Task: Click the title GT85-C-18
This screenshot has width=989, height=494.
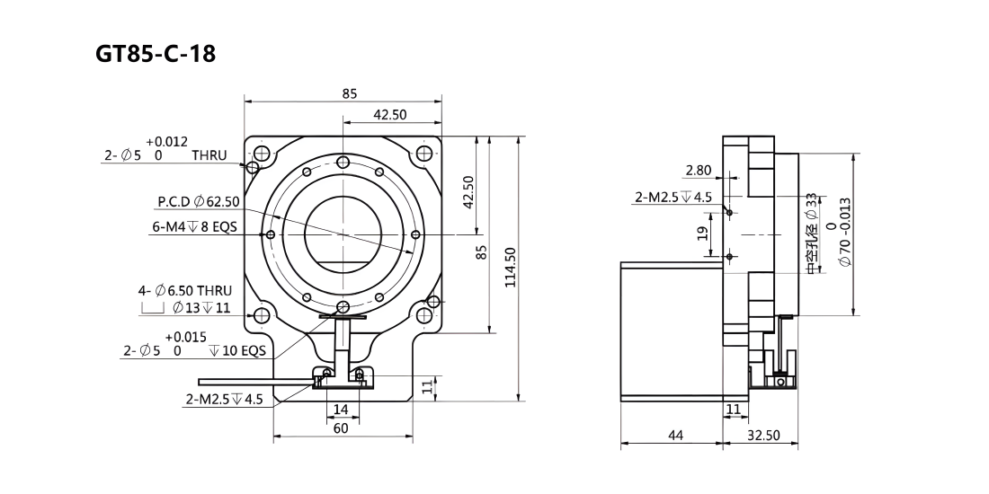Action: coord(156,54)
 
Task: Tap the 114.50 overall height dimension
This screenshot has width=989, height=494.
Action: coord(511,268)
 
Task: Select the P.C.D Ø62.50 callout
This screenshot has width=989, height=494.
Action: coord(199,201)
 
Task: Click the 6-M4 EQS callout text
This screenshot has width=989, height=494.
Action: coord(195,226)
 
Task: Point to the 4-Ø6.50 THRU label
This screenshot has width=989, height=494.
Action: coord(185,290)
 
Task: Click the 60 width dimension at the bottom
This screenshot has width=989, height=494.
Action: coord(341,428)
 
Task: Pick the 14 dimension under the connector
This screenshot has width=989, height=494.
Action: coord(341,410)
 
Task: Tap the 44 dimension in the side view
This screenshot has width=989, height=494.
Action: coord(675,435)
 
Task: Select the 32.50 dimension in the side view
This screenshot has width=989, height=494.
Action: coord(763,435)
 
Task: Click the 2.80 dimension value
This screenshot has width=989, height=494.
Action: coord(699,170)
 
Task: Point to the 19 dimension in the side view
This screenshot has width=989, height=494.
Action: coord(703,234)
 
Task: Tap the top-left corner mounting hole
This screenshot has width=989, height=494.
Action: coord(262,153)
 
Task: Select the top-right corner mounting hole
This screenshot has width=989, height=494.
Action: coord(424,153)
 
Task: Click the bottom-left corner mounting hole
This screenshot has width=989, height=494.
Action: coord(262,315)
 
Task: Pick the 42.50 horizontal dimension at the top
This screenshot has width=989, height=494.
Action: coord(390,114)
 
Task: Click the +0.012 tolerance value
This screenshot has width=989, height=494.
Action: coord(166,142)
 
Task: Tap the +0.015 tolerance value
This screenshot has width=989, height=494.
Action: coord(185,338)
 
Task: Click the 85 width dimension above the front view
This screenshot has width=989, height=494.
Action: coord(350,93)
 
